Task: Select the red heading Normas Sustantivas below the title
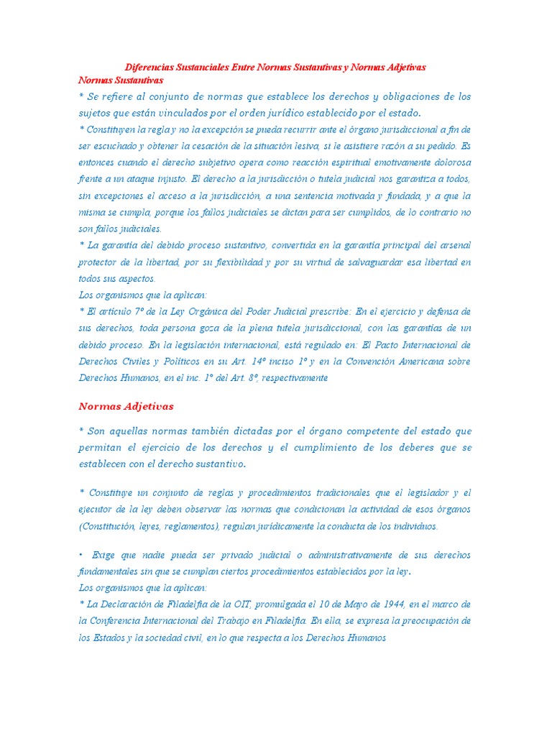(121, 80)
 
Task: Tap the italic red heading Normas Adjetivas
(126, 406)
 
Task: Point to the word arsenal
(454, 245)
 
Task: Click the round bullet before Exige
(81, 555)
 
